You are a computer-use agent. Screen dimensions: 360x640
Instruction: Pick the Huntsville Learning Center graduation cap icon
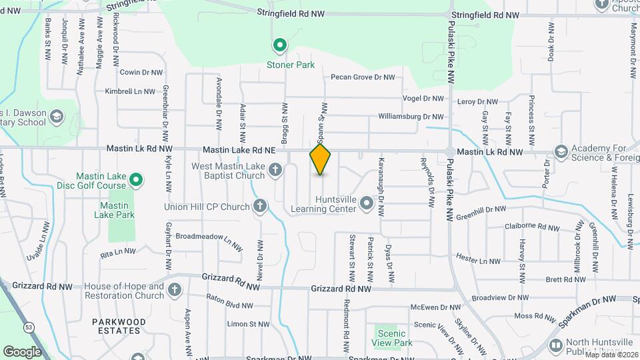(x=366, y=202)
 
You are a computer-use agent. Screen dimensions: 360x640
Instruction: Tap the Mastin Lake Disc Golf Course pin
(x=137, y=180)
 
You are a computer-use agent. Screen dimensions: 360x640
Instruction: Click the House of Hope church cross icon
(x=175, y=290)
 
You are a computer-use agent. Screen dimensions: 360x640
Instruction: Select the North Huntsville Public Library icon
(x=555, y=345)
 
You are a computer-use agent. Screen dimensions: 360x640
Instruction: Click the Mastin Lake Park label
(x=118, y=210)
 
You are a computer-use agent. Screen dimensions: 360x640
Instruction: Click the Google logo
(x=22, y=351)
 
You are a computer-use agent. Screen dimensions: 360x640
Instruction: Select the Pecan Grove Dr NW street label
(x=363, y=77)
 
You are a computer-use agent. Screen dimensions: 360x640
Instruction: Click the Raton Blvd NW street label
(x=229, y=306)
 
